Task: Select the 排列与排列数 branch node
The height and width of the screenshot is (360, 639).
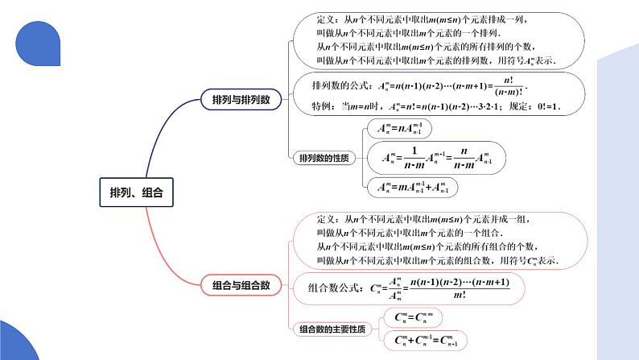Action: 241,99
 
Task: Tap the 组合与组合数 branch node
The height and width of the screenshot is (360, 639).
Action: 241,284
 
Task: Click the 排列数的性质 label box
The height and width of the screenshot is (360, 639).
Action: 324,158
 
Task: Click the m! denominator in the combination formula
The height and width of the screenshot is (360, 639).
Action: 459,295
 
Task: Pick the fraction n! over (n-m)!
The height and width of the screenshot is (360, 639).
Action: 508,86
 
